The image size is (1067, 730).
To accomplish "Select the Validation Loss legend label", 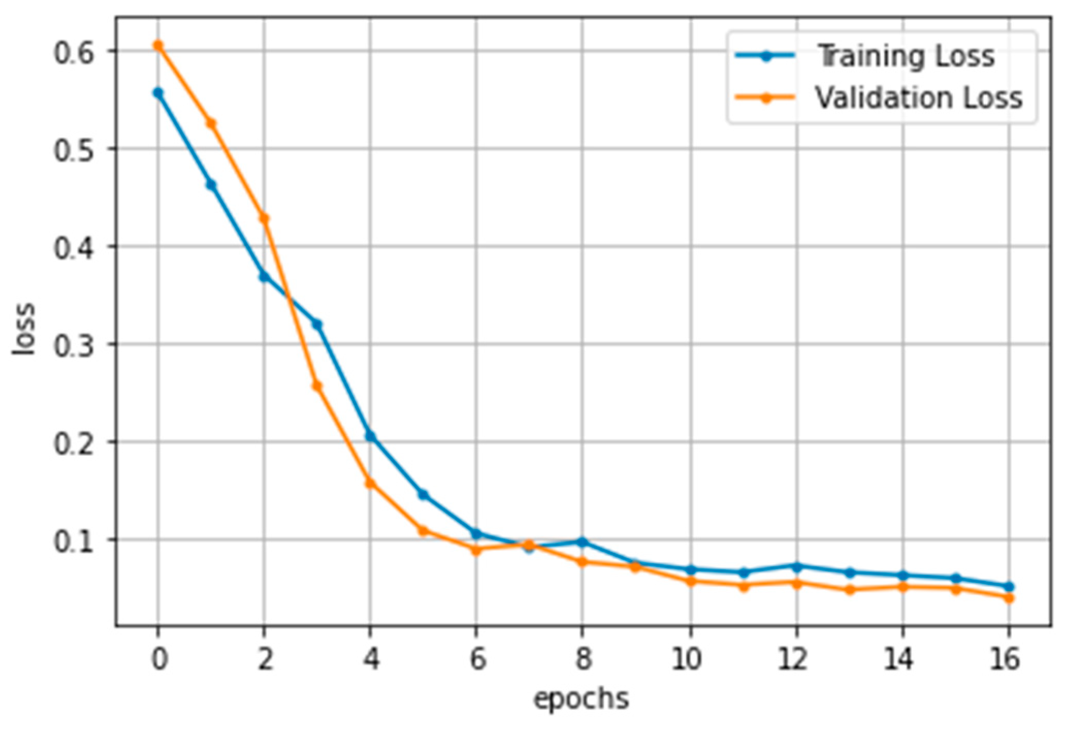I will coord(918,98).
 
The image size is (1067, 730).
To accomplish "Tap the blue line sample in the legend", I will coord(765,56).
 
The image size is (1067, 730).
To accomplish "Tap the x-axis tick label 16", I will coord(1005,659).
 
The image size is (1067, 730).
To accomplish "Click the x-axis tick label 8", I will coord(583,659).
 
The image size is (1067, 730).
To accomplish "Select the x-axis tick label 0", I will coord(159,659).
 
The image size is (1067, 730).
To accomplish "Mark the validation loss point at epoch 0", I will coord(158,45).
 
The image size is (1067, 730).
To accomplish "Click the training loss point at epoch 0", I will coord(158,93).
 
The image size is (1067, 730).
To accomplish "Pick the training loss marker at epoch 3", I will coord(317,324).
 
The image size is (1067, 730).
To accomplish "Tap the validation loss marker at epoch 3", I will coord(317,386).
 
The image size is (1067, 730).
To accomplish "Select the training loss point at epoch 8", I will coord(582,542).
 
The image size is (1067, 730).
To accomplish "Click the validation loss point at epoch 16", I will coord(1009,598).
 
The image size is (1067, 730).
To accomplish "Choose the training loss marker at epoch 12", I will coord(796,567).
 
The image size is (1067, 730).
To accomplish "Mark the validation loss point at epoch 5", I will coord(423,530).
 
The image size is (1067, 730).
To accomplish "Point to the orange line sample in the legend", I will coord(765,98).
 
